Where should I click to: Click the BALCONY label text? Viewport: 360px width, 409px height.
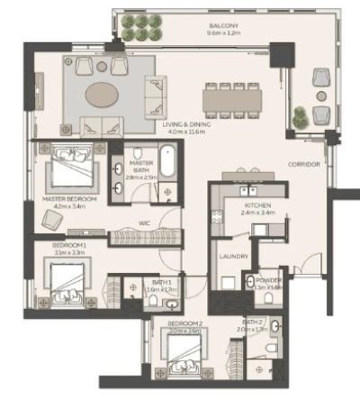223,27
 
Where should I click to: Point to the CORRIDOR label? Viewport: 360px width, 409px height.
304,165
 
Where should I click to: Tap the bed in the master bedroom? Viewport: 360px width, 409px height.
66,168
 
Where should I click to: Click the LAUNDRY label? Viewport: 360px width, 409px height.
232,257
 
